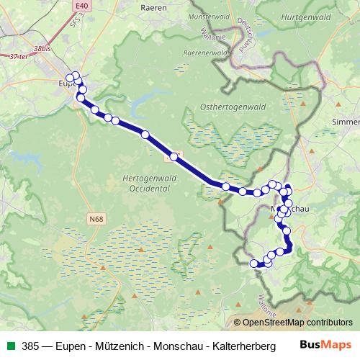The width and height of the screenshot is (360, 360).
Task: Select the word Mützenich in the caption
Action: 111,345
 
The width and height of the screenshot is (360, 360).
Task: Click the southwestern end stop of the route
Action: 253,264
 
